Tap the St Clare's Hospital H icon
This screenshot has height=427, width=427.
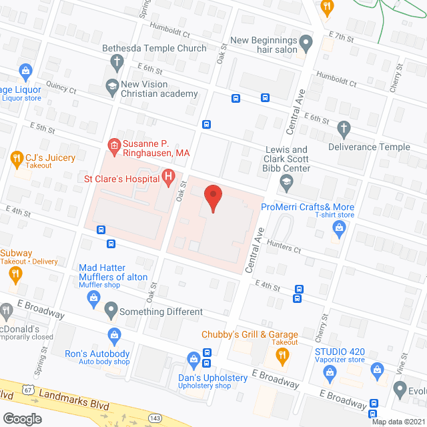(x=168, y=177)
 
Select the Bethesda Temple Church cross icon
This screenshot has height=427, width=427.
(x=117, y=62)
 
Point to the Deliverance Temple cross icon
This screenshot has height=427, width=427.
(x=344, y=129)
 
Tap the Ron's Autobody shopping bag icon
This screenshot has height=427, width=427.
(x=114, y=334)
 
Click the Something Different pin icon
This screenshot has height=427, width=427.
(x=111, y=310)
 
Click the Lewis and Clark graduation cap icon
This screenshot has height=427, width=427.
(x=286, y=181)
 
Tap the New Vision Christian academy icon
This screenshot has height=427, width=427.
(x=111, y=85)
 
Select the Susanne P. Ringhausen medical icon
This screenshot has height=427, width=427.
(x=114, y=145)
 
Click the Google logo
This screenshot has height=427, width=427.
(x=21, y=419)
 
